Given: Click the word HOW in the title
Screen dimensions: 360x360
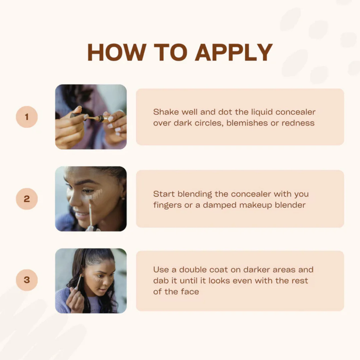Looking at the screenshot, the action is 117,52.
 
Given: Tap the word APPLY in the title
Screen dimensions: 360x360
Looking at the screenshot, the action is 234,52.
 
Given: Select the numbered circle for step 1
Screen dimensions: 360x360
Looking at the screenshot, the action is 27,117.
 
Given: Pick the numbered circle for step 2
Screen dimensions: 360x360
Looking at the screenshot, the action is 27,199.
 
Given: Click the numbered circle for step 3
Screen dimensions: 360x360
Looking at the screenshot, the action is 27,280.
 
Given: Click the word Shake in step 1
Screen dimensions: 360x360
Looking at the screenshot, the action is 166,112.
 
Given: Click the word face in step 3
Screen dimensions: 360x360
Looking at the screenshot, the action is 190,292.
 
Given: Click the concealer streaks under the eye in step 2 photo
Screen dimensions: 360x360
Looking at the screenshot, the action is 94,195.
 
